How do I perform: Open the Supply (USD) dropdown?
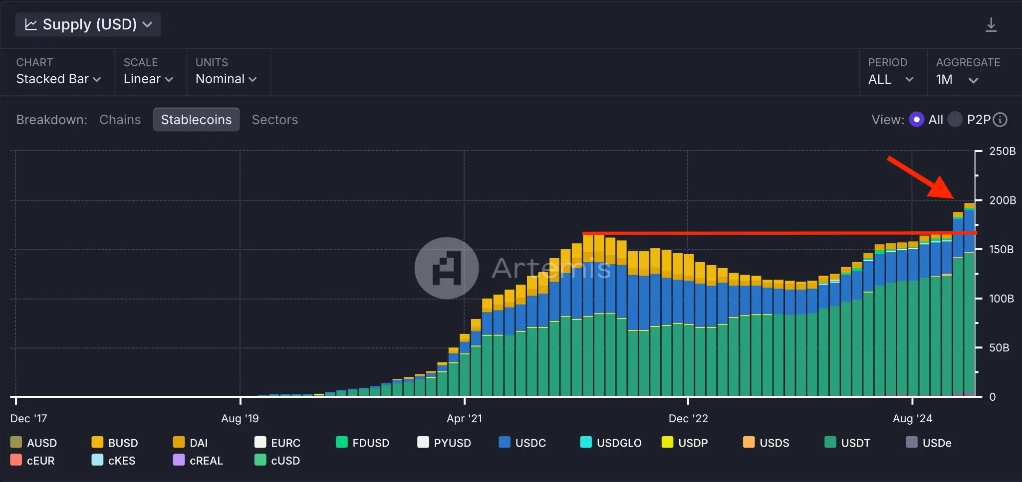(88, 24)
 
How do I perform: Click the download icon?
(991, 25)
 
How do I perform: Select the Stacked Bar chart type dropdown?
(58, 79)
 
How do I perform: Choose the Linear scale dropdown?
(148, 79)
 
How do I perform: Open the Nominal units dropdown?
(226, 79)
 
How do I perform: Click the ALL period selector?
(891, 79)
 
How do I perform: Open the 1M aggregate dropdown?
(957, 79)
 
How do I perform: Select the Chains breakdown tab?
(120, 120)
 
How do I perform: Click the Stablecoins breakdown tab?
(196, 120)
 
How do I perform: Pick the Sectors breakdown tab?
(274, 120)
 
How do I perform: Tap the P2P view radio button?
(955, 120)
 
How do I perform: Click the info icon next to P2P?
(1000, 120)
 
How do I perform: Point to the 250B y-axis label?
(1002, 151)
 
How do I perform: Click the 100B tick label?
(1001, 299)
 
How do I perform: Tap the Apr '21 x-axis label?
(464, 418)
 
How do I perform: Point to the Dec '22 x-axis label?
(688, 418)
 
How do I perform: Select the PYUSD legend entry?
(444, 443)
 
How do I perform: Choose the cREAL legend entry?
(198, 461)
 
